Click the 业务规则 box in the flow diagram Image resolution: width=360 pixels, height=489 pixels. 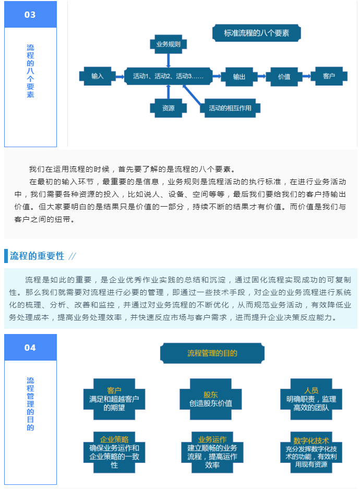click(x=169, y=44)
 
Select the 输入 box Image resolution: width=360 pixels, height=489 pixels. click(x=97, y=76)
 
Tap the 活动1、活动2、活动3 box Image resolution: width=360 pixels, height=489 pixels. click(x=169, y=76)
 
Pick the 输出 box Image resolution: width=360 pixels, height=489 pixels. click(x=239, y=76)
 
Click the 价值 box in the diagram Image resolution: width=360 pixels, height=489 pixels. click(x=284, y=76)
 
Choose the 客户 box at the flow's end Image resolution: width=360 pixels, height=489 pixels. click(x=329, y=76)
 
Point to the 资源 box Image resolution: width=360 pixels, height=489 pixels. click(x=169, y=108)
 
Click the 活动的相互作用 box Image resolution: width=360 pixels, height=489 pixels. click(x=230, y=108)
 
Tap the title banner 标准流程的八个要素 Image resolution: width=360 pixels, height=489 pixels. click(x=257, y=33)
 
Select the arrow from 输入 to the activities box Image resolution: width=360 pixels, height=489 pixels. click(x=120, y=76)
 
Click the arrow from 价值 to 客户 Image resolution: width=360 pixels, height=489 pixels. click(x=307, y=76)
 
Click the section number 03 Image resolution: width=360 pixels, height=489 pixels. click(x=30, y=15)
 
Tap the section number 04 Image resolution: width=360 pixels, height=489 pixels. click(x=30, y=348)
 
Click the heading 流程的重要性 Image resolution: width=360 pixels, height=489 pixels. click(x=37, y=256)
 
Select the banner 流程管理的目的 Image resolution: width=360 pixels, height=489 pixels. click(x=212, y=353)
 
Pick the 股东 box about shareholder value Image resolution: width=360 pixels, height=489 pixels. click(x=211, y=399)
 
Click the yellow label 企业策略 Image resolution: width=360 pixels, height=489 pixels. click(x=114, y=439)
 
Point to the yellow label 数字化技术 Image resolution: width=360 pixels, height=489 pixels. click(x=311, y=440)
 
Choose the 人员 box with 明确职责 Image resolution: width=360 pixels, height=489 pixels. click(x=311, y=399)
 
